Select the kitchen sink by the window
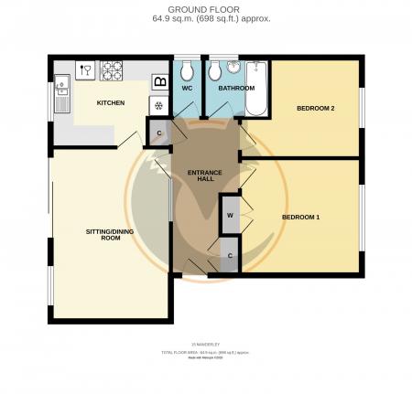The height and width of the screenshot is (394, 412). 62,90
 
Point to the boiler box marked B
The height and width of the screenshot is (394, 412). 159,82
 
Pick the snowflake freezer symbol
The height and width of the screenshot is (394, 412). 158,104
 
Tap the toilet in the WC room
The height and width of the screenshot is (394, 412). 187,71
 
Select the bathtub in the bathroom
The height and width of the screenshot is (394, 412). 256,88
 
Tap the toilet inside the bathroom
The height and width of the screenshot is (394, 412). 214,71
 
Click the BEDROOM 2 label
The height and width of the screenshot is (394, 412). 315,109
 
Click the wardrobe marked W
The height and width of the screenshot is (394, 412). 230,217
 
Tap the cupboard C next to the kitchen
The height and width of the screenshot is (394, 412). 159,133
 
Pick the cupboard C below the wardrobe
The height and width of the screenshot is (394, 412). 230,255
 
